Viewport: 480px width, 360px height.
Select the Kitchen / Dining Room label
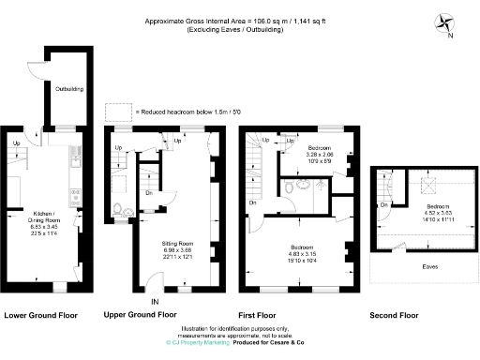pos(45,216)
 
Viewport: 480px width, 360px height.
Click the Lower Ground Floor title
pos(41,315)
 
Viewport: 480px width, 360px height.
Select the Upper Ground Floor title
pos(140,315)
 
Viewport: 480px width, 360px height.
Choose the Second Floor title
pos(394,315)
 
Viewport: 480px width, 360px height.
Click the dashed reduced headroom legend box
pos(118,112)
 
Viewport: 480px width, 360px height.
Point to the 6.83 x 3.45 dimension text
pos(45,228)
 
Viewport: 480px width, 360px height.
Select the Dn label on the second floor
pos(385,204)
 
